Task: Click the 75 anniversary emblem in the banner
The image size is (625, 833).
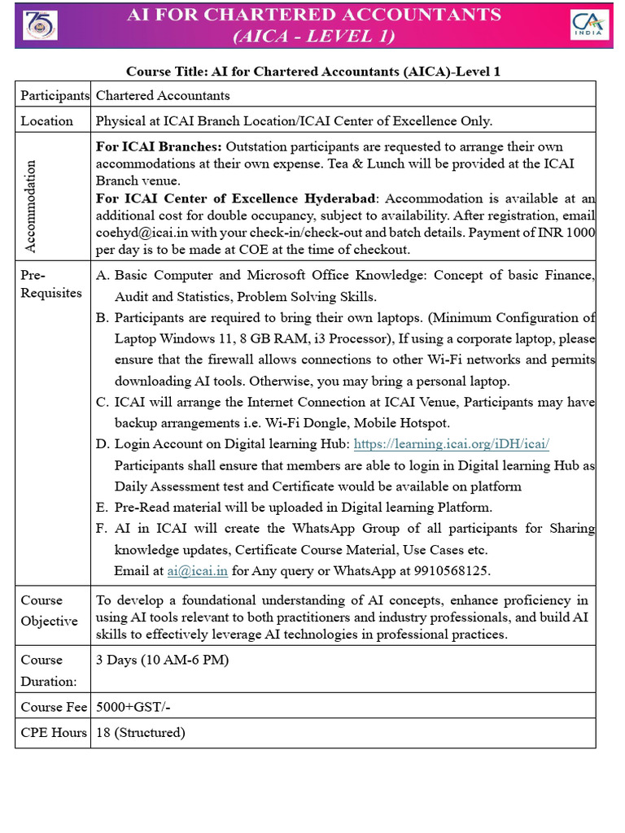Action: pyautogui.click(x=40, y=25)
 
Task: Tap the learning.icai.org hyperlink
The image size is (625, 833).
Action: pyautogui.click(x=452, y=444)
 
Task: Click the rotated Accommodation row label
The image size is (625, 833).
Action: pyautogui.click(x=30, y=195)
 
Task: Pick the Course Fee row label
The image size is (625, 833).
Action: pyautogui.click(x=54, y=707)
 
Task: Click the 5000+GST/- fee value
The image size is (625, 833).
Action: pyautogui.click(x=133, y=707)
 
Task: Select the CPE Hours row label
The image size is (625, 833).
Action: pyautogui.click(x=54, y=733)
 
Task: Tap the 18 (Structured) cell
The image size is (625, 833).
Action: pyautogui.click(x=141, y=733)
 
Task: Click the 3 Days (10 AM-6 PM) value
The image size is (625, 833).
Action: pyautogui.click(x=162, y=660)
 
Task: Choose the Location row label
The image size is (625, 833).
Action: pyautogui.click(x=46, y=120)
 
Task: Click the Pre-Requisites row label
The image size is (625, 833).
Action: pyautogui.click(x=51, y=284)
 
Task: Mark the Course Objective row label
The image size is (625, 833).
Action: pyautogui.click(x=49, y=610)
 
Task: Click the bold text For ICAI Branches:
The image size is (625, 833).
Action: pyautogui.click(x=159, y=146)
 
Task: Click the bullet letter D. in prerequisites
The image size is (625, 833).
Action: pyautogui.click(x=103, y=444)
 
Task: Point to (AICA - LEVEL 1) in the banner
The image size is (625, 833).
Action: pyautogui.click(x=314, y=36)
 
